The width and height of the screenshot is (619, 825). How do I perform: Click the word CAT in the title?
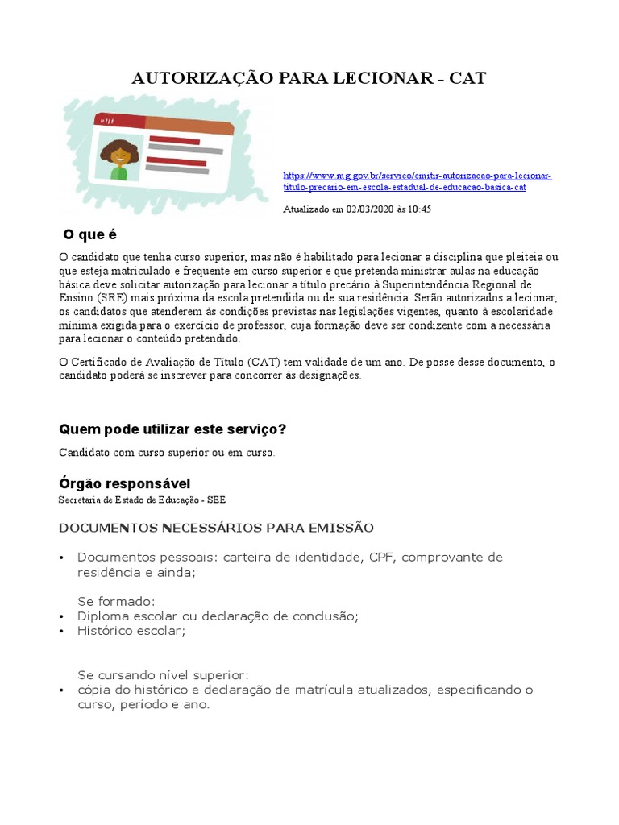point(467,78)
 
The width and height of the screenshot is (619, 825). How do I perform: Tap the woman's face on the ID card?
point(119,153)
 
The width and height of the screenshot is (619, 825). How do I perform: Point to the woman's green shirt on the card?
point(119,172)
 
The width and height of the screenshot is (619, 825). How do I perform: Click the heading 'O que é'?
point(90,234)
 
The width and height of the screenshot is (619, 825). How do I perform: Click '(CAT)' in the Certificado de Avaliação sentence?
point(264,363)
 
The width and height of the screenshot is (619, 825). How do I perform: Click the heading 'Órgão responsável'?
point(124,483)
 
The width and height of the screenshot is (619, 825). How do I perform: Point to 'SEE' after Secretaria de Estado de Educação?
point(217,500)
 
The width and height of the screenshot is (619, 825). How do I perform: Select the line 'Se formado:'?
point(116,601)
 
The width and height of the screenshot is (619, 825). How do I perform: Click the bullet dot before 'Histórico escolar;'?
point(62,632)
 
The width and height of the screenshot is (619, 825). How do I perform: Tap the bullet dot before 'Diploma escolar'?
point(62,616)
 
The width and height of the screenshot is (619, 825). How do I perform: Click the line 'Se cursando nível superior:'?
point(164,674)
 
